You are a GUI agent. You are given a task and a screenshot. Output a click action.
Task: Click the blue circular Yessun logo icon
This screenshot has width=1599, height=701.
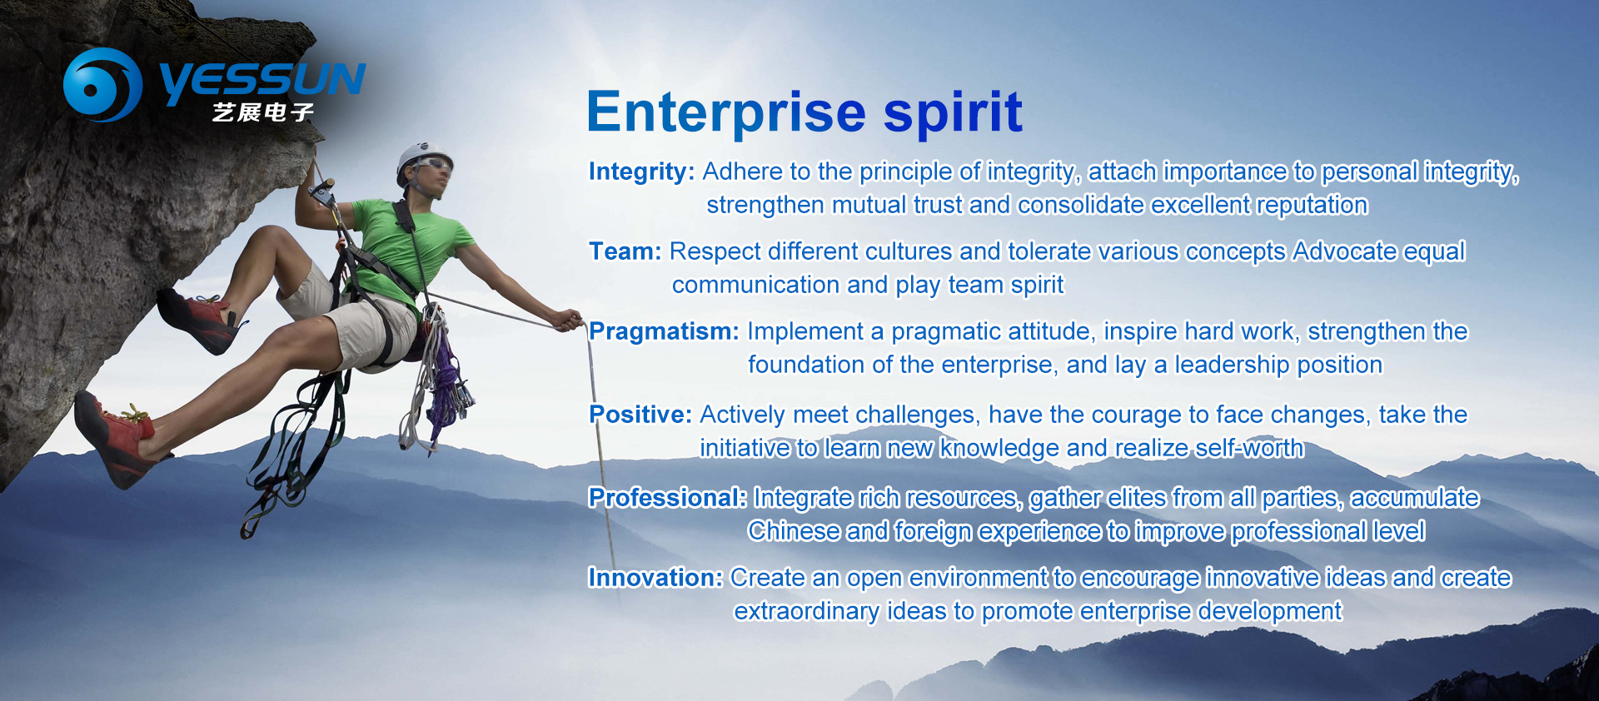click(102, 84)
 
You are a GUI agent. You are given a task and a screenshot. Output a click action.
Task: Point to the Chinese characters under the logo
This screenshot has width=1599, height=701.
click(263, 112)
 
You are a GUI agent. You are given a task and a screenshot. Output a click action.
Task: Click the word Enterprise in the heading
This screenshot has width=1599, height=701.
click(726, 112)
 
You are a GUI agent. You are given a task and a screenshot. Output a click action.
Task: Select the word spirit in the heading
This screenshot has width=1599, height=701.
click(953, 112)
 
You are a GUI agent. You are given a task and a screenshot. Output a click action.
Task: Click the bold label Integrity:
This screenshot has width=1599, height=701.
click(641, 172)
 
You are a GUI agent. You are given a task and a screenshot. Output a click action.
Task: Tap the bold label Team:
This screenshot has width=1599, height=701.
click(625, 251)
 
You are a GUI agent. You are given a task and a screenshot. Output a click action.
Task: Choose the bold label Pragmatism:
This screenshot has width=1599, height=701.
click(664, 331)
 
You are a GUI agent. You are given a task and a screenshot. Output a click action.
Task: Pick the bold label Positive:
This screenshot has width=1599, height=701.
click(640, 415)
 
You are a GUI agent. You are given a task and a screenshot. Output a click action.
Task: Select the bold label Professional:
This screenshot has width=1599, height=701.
click(668, 498)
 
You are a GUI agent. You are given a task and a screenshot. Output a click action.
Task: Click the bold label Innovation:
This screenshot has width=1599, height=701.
click(655, 578)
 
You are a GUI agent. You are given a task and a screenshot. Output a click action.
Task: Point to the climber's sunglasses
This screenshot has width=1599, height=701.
click(433, 165)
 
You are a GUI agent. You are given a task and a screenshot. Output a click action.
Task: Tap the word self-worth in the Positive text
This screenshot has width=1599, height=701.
click(1250, 448)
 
